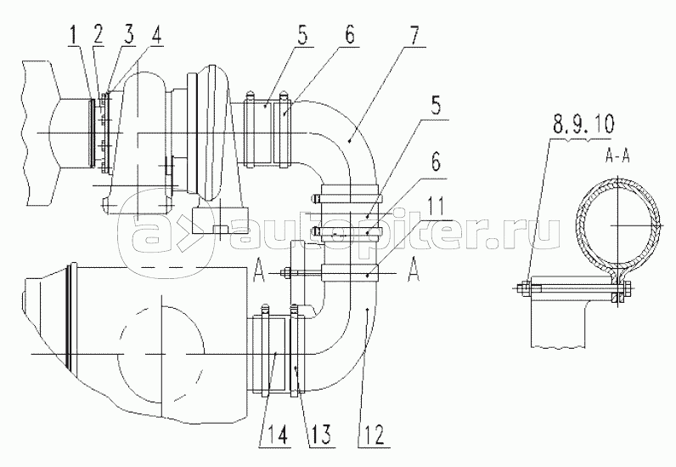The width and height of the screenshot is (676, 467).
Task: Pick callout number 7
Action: (414, 37)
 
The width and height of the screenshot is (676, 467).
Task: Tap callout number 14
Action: (277, 435)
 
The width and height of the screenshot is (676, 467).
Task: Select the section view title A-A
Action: (617, 157)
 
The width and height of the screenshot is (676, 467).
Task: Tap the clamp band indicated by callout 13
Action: (295, 350)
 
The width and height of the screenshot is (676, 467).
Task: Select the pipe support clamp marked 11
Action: (349, 273)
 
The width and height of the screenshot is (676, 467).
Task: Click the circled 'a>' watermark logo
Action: (165, 236)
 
